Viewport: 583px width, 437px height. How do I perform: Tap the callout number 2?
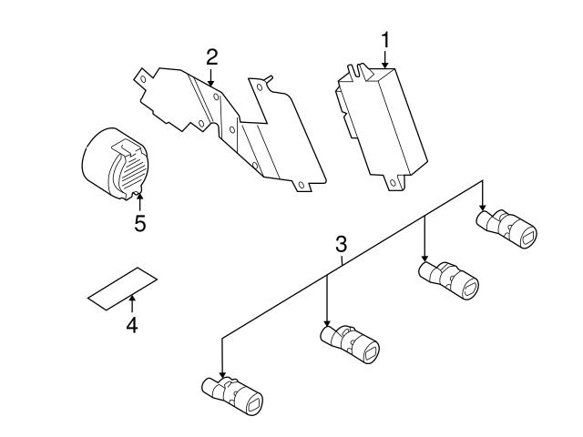pos(211,56)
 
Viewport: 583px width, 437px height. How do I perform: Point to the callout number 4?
pos(131,324)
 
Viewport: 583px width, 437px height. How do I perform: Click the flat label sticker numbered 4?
pos(120,284)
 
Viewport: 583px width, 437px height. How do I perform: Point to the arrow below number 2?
pos(211,77)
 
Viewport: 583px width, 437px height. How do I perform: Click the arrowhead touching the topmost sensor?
pos(483,210)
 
